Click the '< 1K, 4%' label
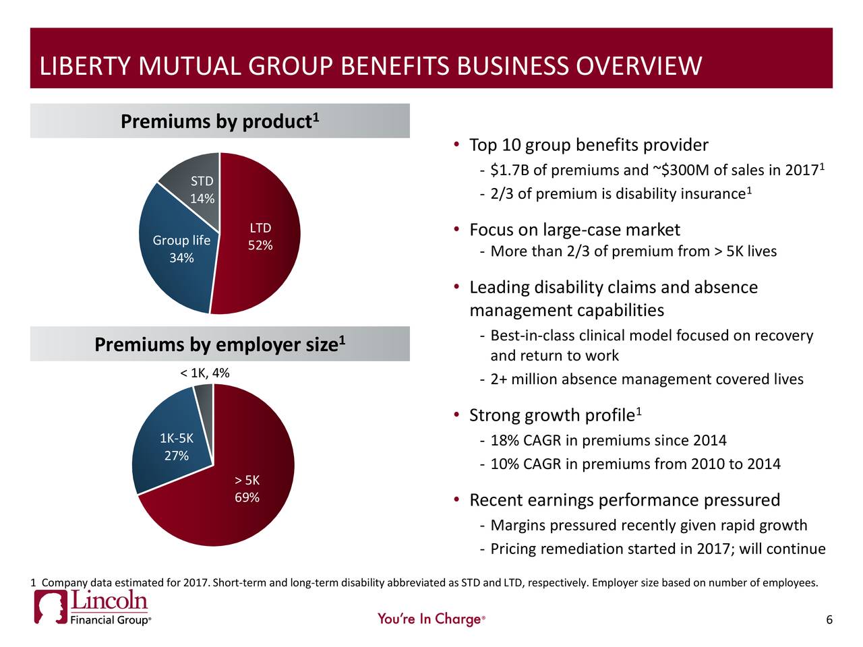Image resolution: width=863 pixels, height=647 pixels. tap(205, 373)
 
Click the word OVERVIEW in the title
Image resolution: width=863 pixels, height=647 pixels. tap(639, 66)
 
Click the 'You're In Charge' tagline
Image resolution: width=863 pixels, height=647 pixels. tap(430, 619)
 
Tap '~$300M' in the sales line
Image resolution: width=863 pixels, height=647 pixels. tap(680, 170)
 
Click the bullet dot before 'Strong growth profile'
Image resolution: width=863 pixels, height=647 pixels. tap(457, 414)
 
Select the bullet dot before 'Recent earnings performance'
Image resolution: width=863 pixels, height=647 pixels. tap(457, 499)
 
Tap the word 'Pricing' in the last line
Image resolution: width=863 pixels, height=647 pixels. tap(512, 549)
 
